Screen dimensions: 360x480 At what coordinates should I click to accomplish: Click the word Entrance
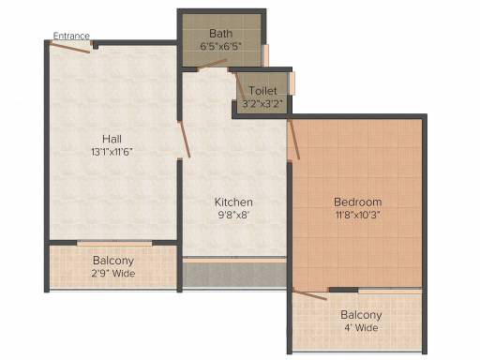pos(71,37)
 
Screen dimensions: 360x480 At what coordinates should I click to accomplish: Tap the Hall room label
pos(112,139)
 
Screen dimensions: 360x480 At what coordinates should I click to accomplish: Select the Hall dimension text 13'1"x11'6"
pos(112,152)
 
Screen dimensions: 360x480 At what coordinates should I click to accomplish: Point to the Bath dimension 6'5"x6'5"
pos(220,46)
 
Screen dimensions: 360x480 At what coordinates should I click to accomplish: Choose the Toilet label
pos(262,91)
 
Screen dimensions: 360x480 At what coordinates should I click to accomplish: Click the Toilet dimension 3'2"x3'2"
pos(262,104)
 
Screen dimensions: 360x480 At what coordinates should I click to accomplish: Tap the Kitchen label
pos(233,202)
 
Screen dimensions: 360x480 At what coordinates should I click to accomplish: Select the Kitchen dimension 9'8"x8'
pos(233,215)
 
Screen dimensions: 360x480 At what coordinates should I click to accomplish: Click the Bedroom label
pos(358,202)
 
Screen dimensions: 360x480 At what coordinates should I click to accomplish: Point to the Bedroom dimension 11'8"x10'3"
pos(358,215)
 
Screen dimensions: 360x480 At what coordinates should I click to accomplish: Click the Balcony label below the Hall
pos(112,260)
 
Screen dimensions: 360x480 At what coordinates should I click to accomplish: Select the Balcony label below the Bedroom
pos(360,315)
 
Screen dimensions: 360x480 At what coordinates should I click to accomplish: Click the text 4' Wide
pos(360,328)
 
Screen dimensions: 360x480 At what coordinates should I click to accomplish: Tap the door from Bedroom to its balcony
pos(311,294)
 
